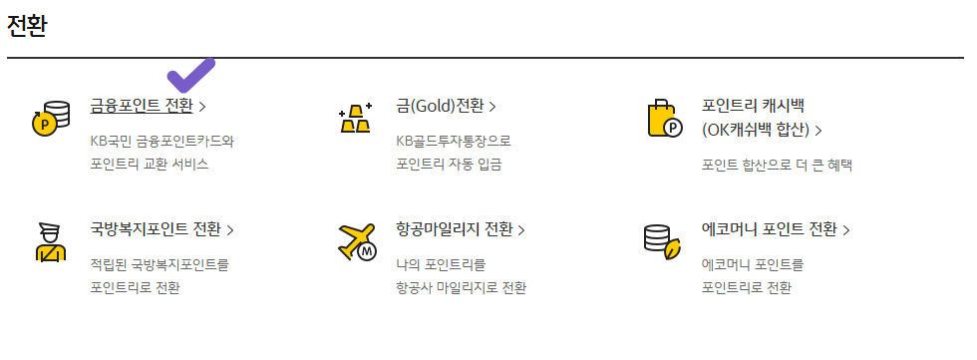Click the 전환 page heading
[x=28, y=24]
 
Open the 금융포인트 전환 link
[x=142, y=106]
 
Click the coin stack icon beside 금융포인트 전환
[x=51, y=117]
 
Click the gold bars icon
[x=356, y=117]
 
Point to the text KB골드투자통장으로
[x=453, y=141]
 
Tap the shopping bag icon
[x=664, y=118]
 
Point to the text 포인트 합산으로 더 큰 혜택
[x=777, y=165]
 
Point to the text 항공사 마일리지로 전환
[x=461, y=288]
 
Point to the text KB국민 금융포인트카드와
[x=162, y=141]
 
